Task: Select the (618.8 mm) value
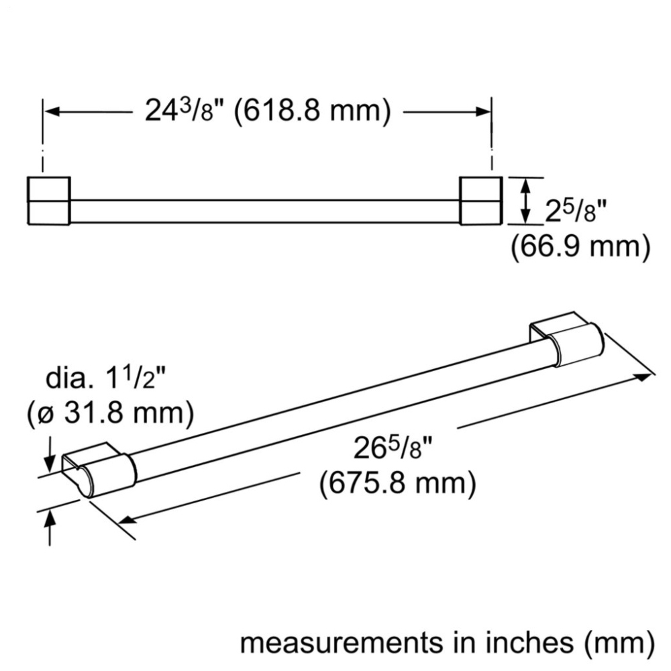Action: tap(313, 112)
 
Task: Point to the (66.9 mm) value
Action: tap(580, 248)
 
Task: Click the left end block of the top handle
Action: tap(49, 201)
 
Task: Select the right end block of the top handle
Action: tap(481, 201)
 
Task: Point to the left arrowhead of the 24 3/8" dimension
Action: tap(52, 112)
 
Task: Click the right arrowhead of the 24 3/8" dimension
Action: tap(482, 112)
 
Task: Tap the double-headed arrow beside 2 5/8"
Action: tap(526, 201)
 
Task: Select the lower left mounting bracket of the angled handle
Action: tap(99, 470)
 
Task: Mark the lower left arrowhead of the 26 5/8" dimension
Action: tap(127, 519)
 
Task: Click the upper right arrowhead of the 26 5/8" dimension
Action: tap(644, 377)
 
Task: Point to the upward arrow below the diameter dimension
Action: tap(50, 528)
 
